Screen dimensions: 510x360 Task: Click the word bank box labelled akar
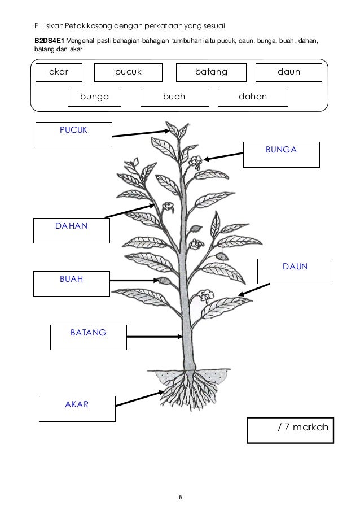pyautogui.click(x=59, y=72)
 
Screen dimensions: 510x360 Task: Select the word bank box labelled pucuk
pyautogui.click(x=128, y=72)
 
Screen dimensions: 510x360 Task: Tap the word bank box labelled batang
pyautogui.click(x=211, y=72)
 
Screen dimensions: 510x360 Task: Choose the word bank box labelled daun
pyautogui.click(x=288, y=72)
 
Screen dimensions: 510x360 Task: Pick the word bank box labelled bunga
pyautogui.click(x=94, y=97)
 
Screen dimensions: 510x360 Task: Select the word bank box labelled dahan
pyautogui.click(x=252, y=97)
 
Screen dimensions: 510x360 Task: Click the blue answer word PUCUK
pyautogui.click(x=74, y=131)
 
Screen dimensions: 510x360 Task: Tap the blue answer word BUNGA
pyautogui.click(x=281, y=150)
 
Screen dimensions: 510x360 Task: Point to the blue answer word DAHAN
pyautogui.click(x=72, y=226)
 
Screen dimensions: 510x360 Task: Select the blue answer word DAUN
pyautogui.click(x=295, y=266)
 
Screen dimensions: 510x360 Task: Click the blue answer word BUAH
pyautogui.click(x=72, y=278)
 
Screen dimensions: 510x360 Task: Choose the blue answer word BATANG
pyautogui.click(x=88, y=333)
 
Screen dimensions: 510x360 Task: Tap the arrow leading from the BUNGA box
pyautogui.click(x=223, y=155)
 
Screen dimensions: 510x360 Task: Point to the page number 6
pyautogui.click(x=180, y=497)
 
